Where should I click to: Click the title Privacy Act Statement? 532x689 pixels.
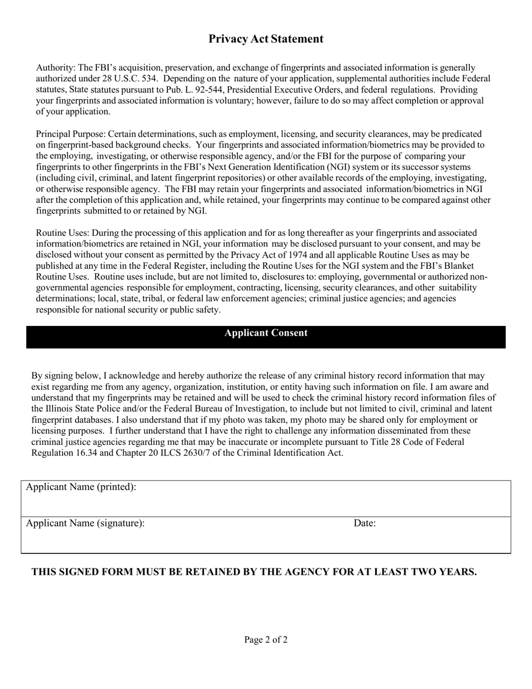point(266,39)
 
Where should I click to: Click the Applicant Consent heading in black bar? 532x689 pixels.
point(266,333)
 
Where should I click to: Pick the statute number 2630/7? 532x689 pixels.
point(212,453)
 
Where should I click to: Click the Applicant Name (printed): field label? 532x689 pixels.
point(81,487)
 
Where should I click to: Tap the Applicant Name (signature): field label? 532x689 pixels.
point(85,524)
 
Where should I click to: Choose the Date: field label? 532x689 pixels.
point(365,524)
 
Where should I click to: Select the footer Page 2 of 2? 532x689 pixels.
point(266,640)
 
